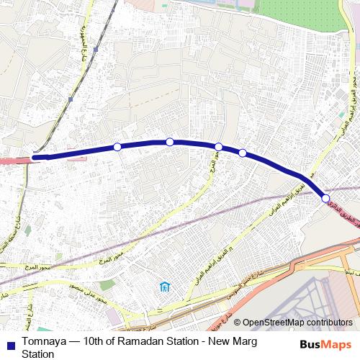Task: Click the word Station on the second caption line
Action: [x=37, y=354]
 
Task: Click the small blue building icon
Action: [x=165, y=288]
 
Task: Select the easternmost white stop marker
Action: [x=326, y=198]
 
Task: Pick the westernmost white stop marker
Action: [x=117, y=147]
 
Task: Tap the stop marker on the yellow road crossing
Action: [x=218, y=147]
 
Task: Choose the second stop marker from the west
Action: [x=170, y=142]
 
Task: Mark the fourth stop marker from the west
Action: [x=243, y=153]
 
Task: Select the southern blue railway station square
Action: [x=71, y=98]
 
